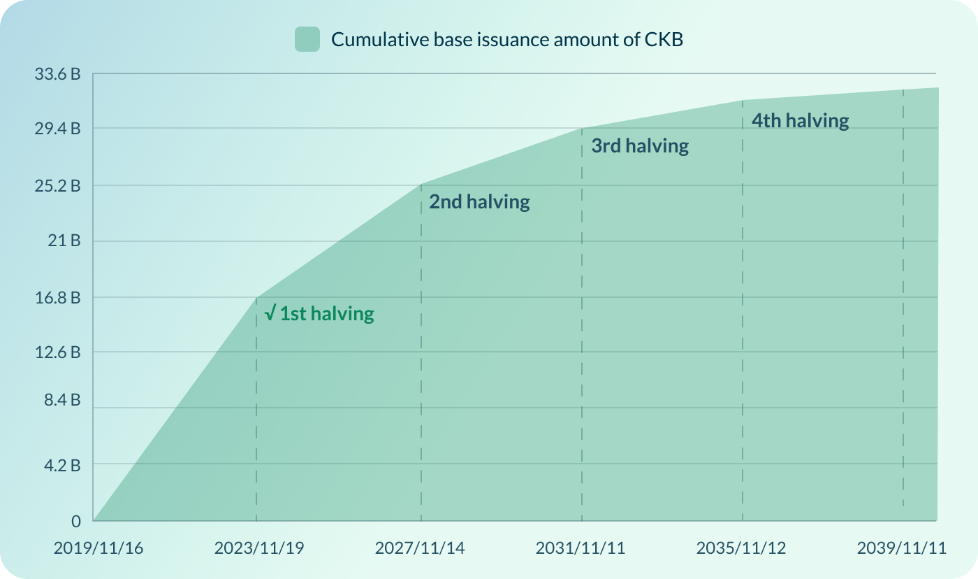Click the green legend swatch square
tap(307, 39)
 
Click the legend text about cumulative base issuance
tap(506, 39)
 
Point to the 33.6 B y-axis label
tap(57, 73)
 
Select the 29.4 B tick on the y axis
tap(57, 129)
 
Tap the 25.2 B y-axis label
tap(57, 186)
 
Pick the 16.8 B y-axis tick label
tap(57, 297)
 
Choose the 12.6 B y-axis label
tap(57, 352)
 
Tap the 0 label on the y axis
tap(76, 522)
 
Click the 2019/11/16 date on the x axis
tap(98, 548)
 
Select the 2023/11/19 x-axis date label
tap(259, 548)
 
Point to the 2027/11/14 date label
tap(420, 548)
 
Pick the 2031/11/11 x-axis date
tap(581, 548)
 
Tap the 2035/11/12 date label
tap(741, 548)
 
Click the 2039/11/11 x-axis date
tap(902, 548)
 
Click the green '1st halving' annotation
tap(320, 314)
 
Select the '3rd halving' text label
tap(640, 146)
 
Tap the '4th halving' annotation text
tap(800, 121)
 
